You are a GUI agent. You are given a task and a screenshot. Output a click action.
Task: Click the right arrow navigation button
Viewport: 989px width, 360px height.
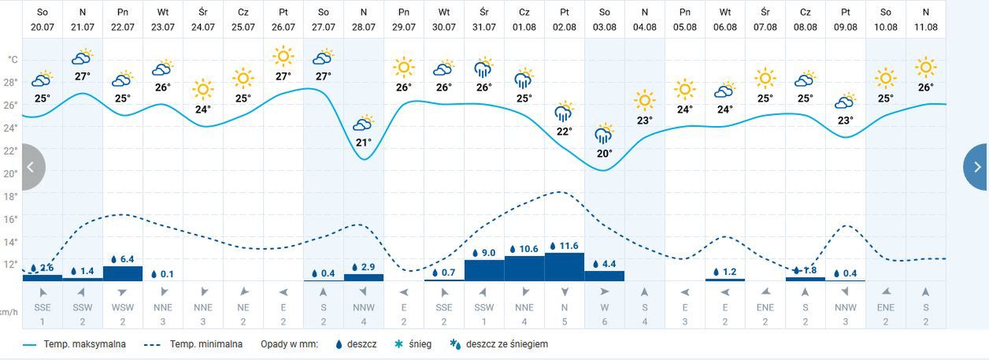click(976, 167)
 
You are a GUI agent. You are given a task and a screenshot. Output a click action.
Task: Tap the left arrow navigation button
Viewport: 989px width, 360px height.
click(30, 167)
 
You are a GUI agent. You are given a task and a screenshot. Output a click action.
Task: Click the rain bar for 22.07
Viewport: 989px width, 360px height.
click(123, 273)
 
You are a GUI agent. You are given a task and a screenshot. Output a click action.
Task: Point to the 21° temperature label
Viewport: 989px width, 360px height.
click(363, 143)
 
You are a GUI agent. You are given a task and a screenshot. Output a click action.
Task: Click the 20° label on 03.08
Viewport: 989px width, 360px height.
click(604, 154)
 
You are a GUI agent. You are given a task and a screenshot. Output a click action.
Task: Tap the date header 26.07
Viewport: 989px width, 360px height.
click(283, 19)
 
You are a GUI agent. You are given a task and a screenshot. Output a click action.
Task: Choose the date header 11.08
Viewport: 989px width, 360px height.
click(925, 19)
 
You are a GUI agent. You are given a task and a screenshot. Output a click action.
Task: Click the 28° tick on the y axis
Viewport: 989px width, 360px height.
click(11, 82)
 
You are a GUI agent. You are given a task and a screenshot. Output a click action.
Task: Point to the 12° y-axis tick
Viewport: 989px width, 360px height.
click(11, 264)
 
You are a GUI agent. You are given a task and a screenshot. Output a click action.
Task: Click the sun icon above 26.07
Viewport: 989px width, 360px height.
click(283, 57)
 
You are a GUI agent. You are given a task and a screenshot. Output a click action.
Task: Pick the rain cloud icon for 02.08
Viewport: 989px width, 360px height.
click(564, 112)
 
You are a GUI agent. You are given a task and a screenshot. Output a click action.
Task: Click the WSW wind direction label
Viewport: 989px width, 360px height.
click(123, 306)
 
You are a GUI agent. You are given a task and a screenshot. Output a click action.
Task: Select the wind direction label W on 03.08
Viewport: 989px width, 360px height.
click(604, 306)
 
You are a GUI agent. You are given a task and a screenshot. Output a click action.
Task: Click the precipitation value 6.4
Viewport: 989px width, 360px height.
click(127, 259)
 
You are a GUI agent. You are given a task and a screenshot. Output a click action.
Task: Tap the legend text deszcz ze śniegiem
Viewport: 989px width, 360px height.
click(506, 344)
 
